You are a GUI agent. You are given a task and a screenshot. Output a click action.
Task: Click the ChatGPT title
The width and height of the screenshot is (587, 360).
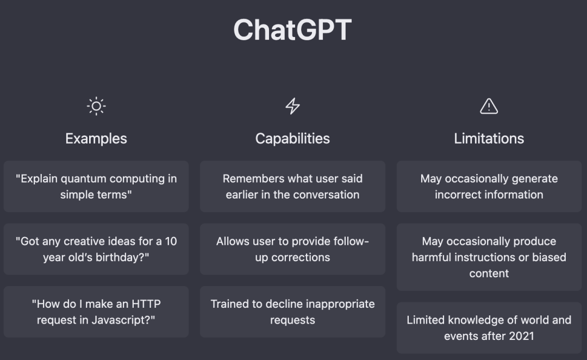point(292,30)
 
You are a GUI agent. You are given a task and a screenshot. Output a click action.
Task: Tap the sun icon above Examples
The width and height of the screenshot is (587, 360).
point(96,107)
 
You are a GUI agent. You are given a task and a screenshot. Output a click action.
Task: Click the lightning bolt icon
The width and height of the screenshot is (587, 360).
point(292,107)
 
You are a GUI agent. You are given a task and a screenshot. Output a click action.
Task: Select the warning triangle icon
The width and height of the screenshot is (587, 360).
point(489,107)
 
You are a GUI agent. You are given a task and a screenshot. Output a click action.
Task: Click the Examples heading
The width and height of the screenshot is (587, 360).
point(96,139)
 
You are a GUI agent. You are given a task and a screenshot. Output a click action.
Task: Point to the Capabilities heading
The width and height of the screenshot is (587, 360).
point(292,139)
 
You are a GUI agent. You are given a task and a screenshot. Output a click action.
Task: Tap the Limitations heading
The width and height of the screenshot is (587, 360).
point(489,139)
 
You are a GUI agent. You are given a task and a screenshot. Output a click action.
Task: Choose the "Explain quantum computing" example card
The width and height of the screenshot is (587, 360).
point(96,187)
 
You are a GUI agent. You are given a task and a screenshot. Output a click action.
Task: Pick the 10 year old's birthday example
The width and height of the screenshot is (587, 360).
point(96,249)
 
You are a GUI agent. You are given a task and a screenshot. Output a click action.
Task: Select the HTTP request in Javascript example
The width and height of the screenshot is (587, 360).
point(96,312)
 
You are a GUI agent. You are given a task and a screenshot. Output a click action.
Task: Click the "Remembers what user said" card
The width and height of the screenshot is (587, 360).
point(292,187)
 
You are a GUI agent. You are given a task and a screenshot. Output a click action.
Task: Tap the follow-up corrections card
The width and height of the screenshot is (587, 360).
point(292,249)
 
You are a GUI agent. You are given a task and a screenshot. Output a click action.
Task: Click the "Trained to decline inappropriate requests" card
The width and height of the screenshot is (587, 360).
point(292,312)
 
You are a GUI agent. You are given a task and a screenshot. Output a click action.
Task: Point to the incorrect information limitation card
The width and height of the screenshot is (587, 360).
point(489,187)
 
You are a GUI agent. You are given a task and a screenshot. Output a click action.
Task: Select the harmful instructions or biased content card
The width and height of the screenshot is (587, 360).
point(489,257)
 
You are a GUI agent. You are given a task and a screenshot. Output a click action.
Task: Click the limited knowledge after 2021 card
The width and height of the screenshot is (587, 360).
point(489,328)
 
